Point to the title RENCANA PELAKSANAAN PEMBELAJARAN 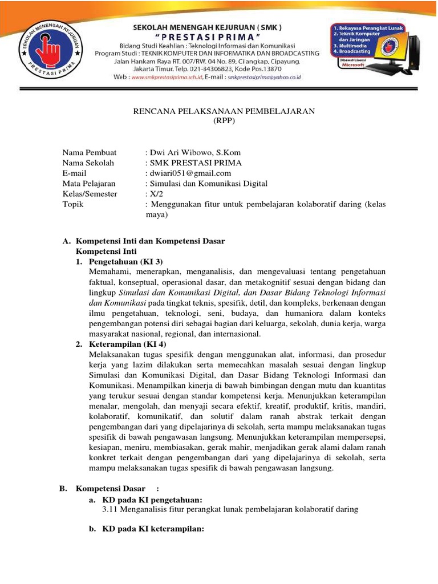[224, 111]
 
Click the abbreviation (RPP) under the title [224, 121]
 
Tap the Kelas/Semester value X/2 [155, 194]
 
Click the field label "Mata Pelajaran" [88, 184]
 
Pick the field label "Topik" [72, 204]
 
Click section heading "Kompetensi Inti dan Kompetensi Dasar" [151, 241]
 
